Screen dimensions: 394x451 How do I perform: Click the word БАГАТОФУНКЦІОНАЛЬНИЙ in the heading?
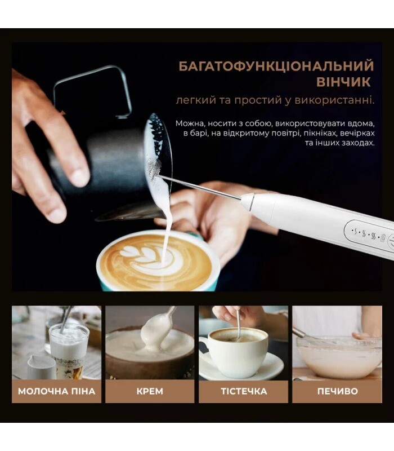(276, 66)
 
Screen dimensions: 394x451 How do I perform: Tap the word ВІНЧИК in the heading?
(343, 82)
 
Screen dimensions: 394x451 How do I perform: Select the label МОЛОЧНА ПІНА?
(57, 391)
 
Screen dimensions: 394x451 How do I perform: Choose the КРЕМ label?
(150, 391)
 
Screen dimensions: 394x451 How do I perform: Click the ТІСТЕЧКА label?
(244, 391)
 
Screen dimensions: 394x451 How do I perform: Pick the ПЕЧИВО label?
(337, 391)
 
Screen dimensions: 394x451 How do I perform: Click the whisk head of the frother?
(154, 169)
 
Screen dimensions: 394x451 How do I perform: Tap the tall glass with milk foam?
(69, 350)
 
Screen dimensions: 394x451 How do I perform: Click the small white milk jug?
(42, 368)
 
